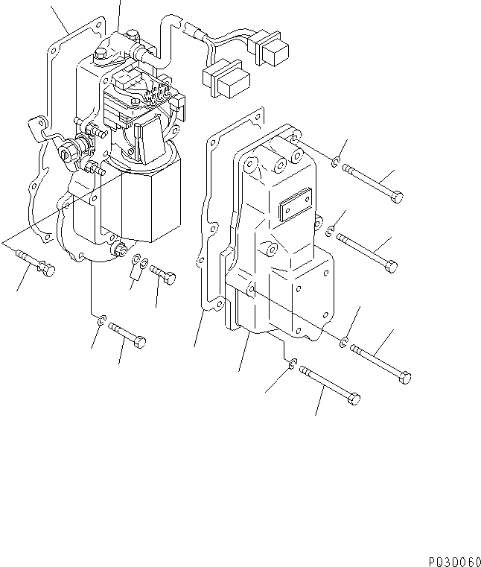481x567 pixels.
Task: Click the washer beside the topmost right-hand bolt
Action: (x=337, y=163)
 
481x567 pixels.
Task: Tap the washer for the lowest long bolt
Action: (x=294, y=364)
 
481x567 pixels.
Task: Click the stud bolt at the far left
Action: (x=34, y=265)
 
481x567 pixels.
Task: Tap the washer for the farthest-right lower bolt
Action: (x=344, y=342)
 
